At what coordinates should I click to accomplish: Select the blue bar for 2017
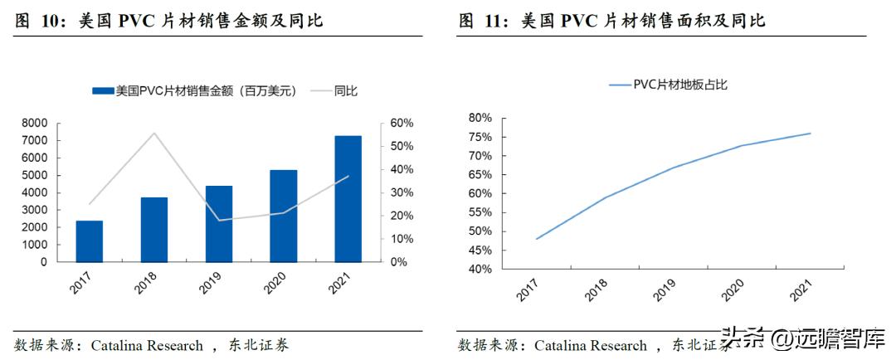tap(90, 241)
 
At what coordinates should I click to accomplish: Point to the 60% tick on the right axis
tap(402, 123)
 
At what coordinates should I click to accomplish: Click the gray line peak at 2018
tap(154, 133)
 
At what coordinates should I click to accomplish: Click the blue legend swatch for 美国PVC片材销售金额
tap(102, 92)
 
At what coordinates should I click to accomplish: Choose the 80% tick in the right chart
tap(480, 118)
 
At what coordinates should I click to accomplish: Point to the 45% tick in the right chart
tap(480, 251)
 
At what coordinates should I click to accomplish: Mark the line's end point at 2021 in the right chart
tap(810, 134)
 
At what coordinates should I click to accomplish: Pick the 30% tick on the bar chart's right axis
tap(402, 192)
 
